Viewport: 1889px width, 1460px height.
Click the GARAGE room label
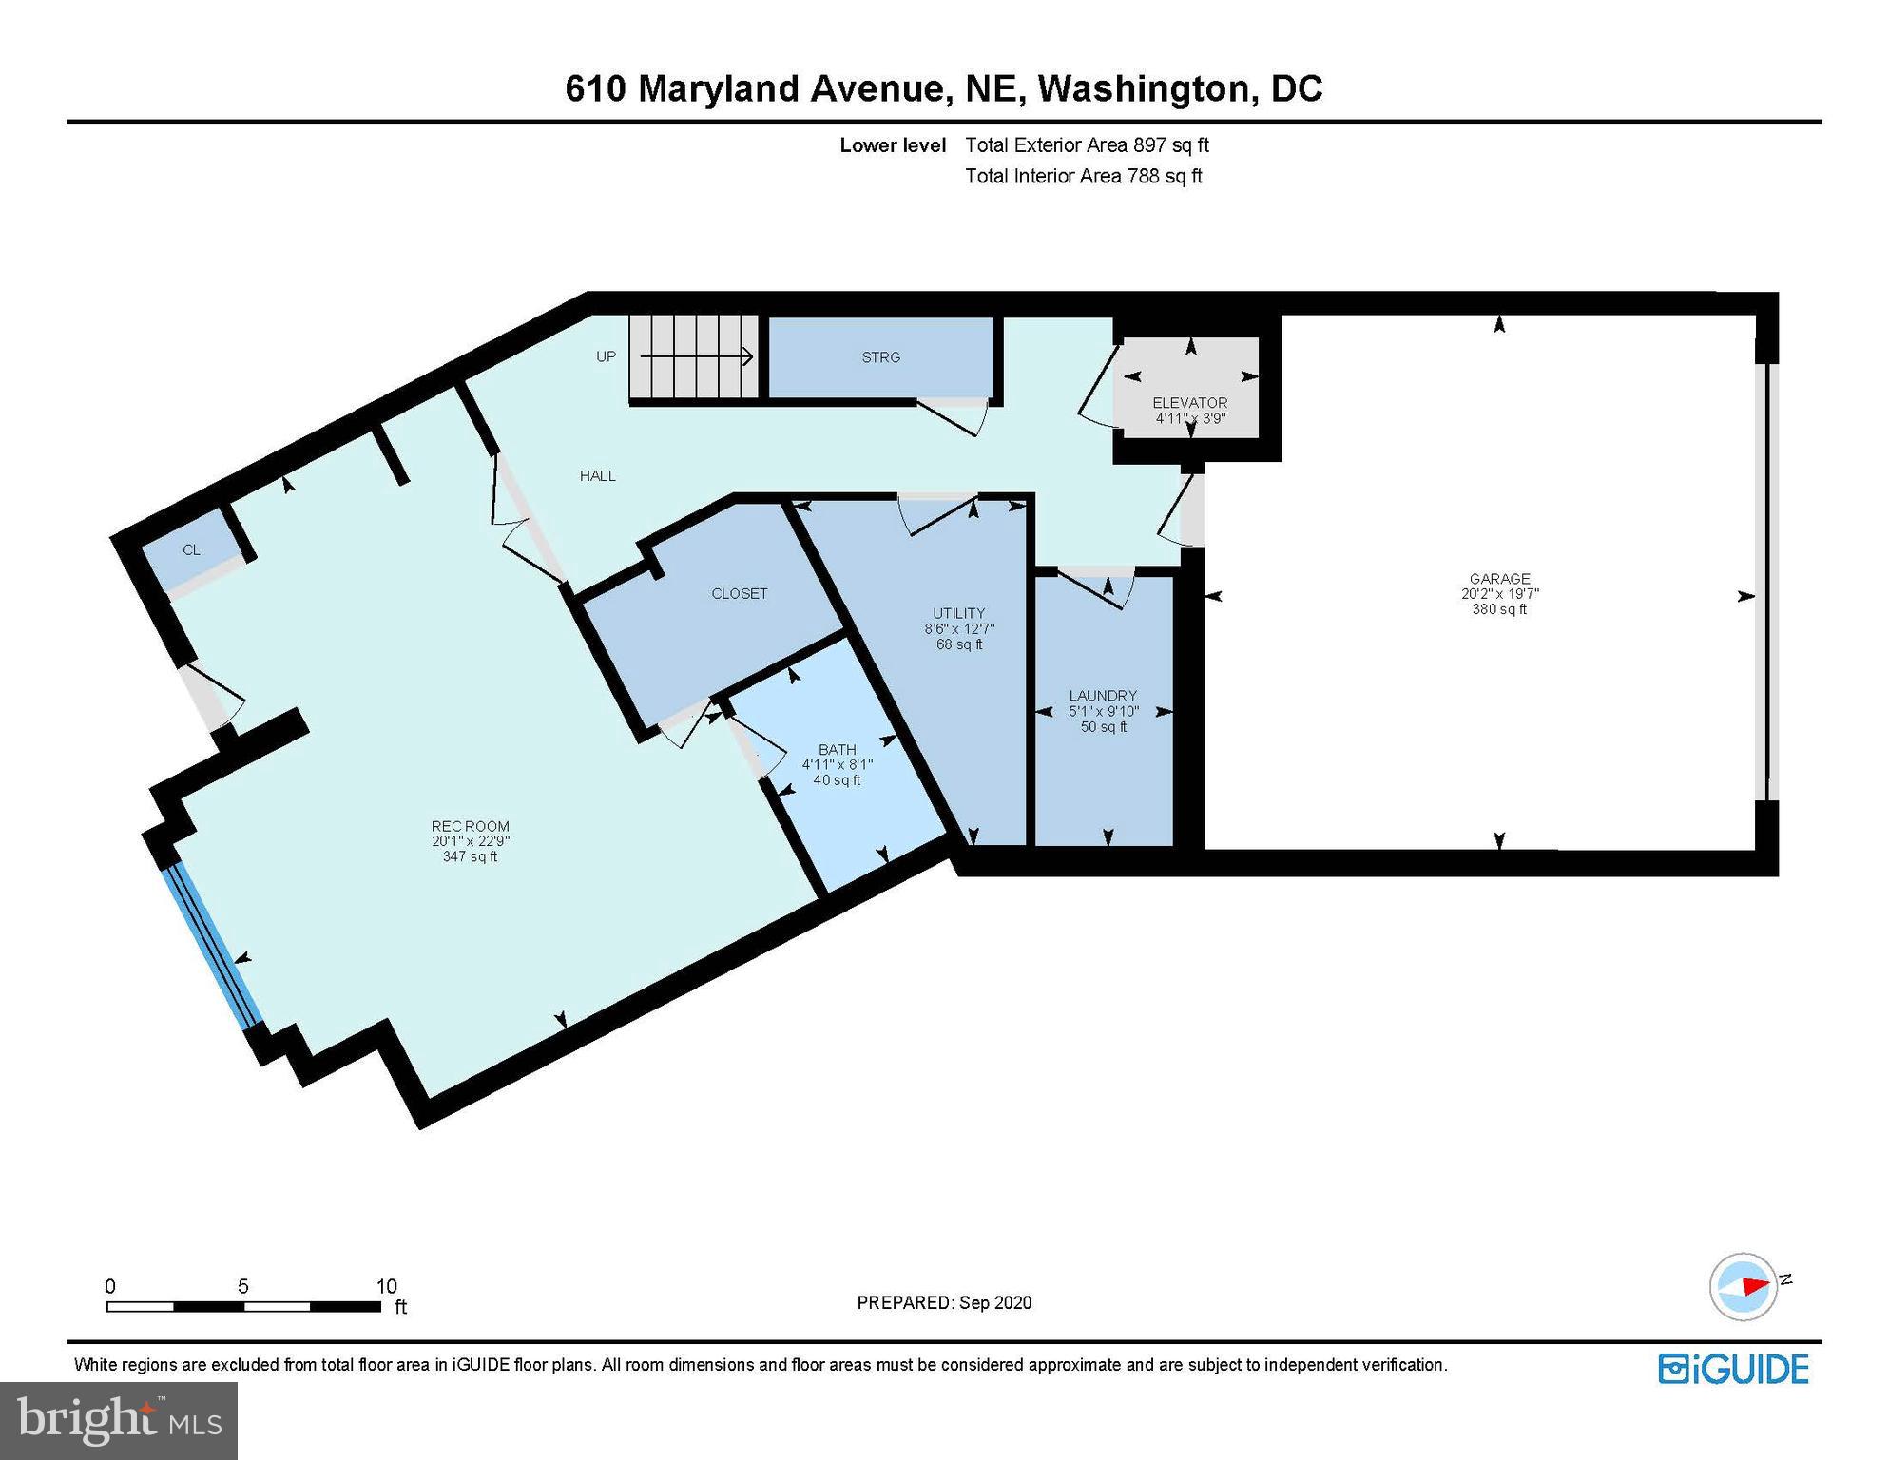coord(1499,578)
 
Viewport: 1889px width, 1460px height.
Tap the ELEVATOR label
coord(1189,402)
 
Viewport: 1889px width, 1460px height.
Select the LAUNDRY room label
coord(1103,695)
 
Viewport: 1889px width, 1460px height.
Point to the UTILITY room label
coord(958,613)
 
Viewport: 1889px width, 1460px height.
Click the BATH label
coord(837,749)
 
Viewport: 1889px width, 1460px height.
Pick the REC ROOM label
coord(470,826)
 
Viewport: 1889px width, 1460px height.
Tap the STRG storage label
coord(880,357)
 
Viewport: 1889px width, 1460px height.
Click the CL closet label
coord(191,549)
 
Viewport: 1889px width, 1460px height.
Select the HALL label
coord(598,475)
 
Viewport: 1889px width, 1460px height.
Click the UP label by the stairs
coord(606,356)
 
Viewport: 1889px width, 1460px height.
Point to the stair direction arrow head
coord(748,357)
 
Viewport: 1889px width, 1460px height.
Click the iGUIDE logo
coord(1734,1369)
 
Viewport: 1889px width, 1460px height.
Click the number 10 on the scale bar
coord(386,1286)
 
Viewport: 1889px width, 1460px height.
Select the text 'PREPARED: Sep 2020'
coord(944,1302)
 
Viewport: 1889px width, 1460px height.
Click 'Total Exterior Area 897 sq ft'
coord(1087,145)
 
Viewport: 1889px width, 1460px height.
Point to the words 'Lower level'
coord(893,145)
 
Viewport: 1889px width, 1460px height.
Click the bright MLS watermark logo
coord(119,1420)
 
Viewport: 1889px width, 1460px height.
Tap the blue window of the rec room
coord(212,947)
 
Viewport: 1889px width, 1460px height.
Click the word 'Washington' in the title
coord(1143,88)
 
